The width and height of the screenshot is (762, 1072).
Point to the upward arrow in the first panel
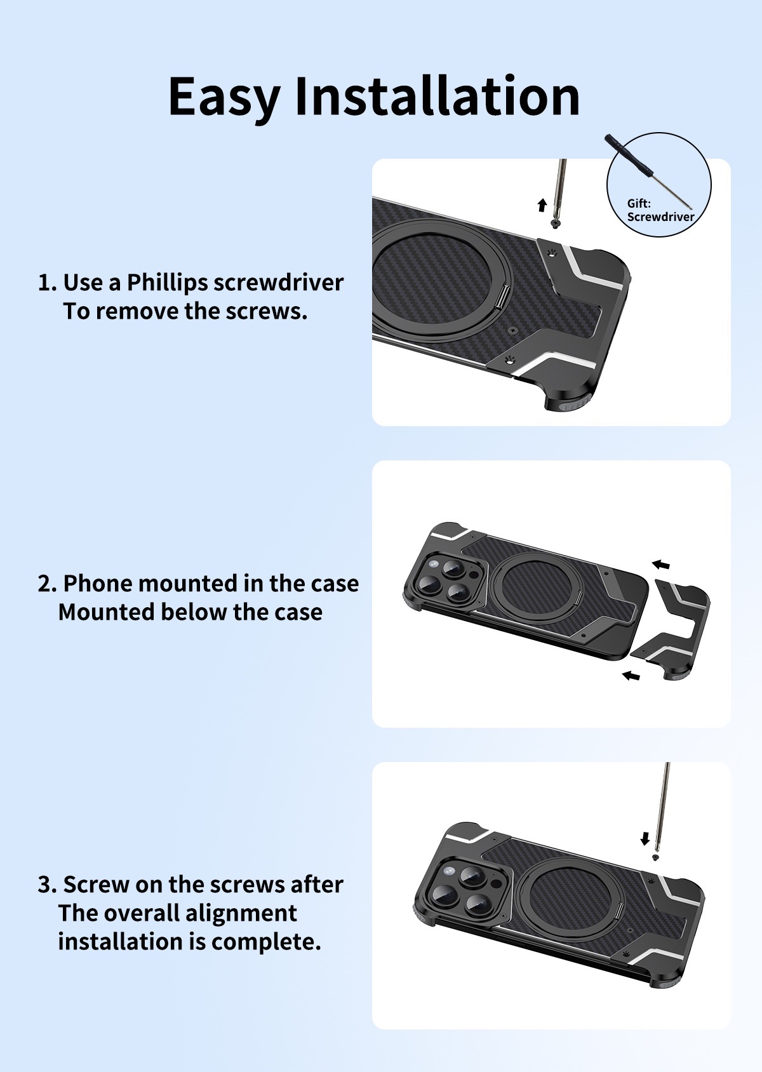[x=542, y=204]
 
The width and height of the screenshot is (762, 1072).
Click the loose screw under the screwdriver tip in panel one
[x=556, y=225]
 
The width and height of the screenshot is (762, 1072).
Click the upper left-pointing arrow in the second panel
[x=660, y=564]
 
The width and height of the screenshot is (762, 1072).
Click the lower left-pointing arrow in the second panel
[x=631, y=676]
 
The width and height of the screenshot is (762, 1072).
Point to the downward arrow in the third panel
[x=645, y=839]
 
